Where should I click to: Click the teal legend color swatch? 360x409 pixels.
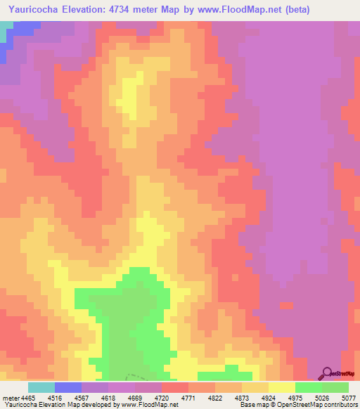coord(41,387)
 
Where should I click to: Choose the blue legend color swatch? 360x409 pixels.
coord(68,387)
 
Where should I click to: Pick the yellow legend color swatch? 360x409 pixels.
coord(282,387)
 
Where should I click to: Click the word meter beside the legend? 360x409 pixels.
coord(9,397)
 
